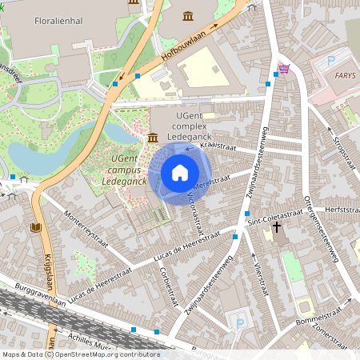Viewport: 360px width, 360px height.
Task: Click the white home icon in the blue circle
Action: pos(180,173)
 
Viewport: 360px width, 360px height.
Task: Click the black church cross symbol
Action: pos(276,228)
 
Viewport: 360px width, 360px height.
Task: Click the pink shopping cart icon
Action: pos(284,68)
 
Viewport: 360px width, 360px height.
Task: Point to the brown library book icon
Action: pos(35,227)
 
